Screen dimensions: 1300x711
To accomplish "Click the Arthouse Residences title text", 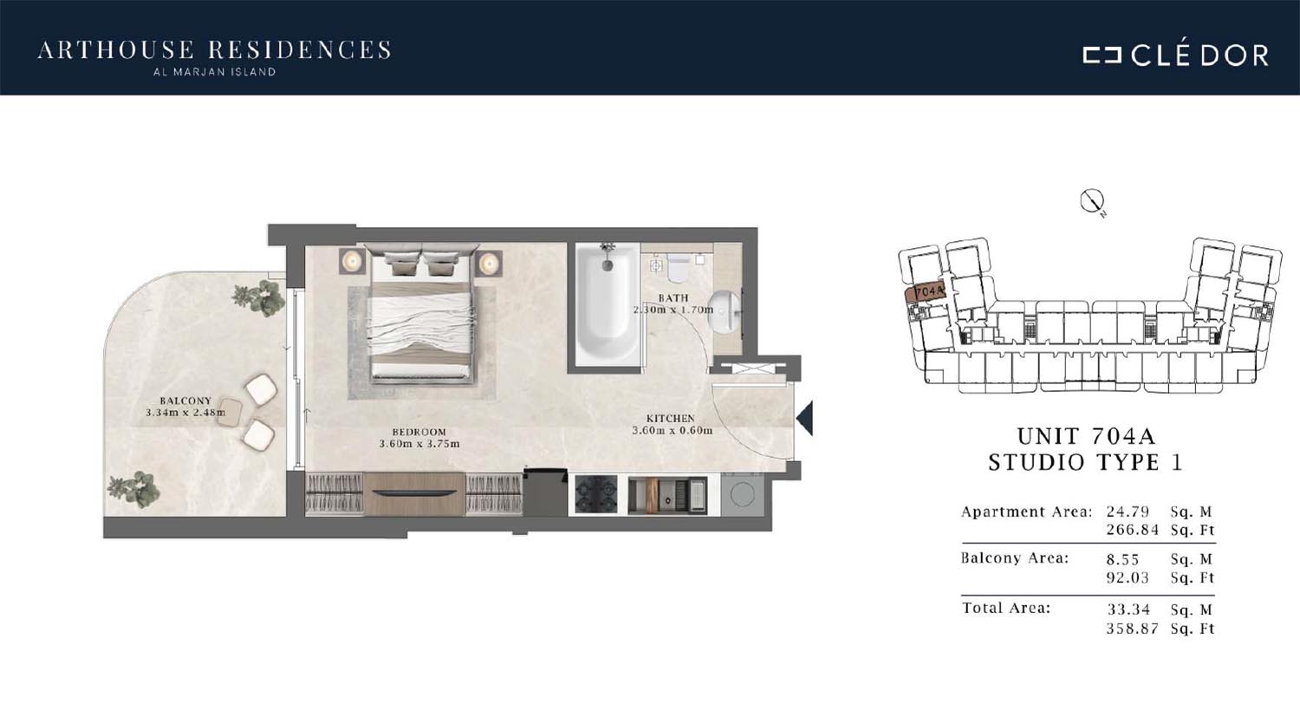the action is (214, 50).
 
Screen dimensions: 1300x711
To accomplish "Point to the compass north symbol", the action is (1092, 202).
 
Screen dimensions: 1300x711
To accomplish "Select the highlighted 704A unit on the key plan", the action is (926, 290).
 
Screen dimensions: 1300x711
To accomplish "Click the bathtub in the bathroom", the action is (607, 304).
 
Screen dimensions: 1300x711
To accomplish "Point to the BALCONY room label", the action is (185, 401).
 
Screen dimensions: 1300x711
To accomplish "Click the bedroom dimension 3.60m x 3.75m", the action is (419, 444).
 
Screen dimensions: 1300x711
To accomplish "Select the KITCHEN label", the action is (670, 419).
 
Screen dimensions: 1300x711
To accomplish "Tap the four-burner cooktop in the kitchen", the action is (596, 495).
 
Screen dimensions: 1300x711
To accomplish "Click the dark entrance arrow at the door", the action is (805, 418).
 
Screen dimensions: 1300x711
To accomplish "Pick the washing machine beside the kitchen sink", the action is (742, 494).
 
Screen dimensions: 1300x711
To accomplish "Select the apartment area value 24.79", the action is (1128, 512).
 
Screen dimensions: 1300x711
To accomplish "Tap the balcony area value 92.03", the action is (1128, 578).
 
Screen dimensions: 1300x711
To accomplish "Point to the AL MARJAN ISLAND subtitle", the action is (215, 72).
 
